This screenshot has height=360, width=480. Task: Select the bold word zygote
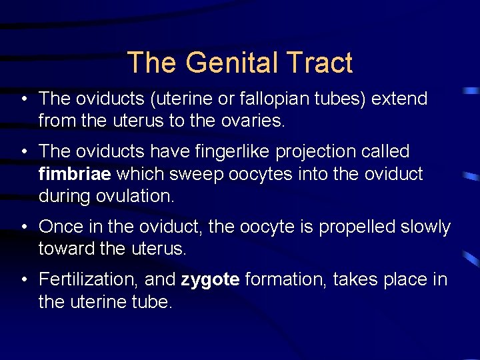click(x=210, y=279)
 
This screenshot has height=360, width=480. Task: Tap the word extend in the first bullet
click(x=399, y=99)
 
